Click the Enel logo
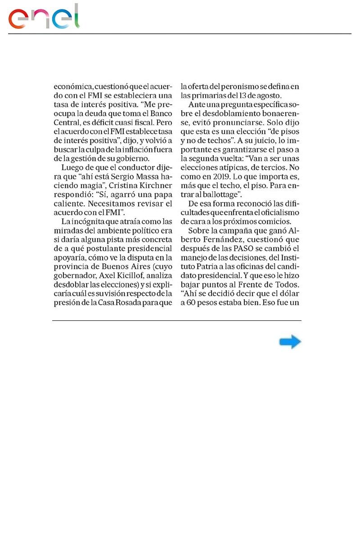tap(44, 17)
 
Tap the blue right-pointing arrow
tap(290, 342)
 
